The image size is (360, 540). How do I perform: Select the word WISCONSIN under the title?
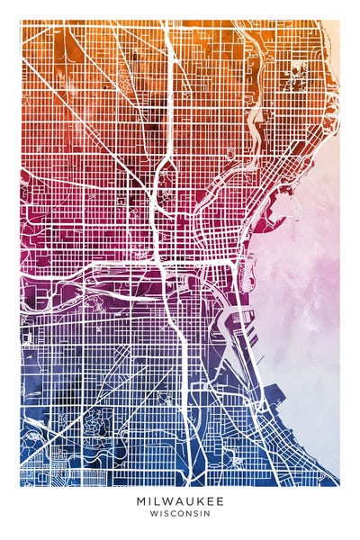[180, 514]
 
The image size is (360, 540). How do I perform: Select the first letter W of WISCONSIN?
[153, 514]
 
